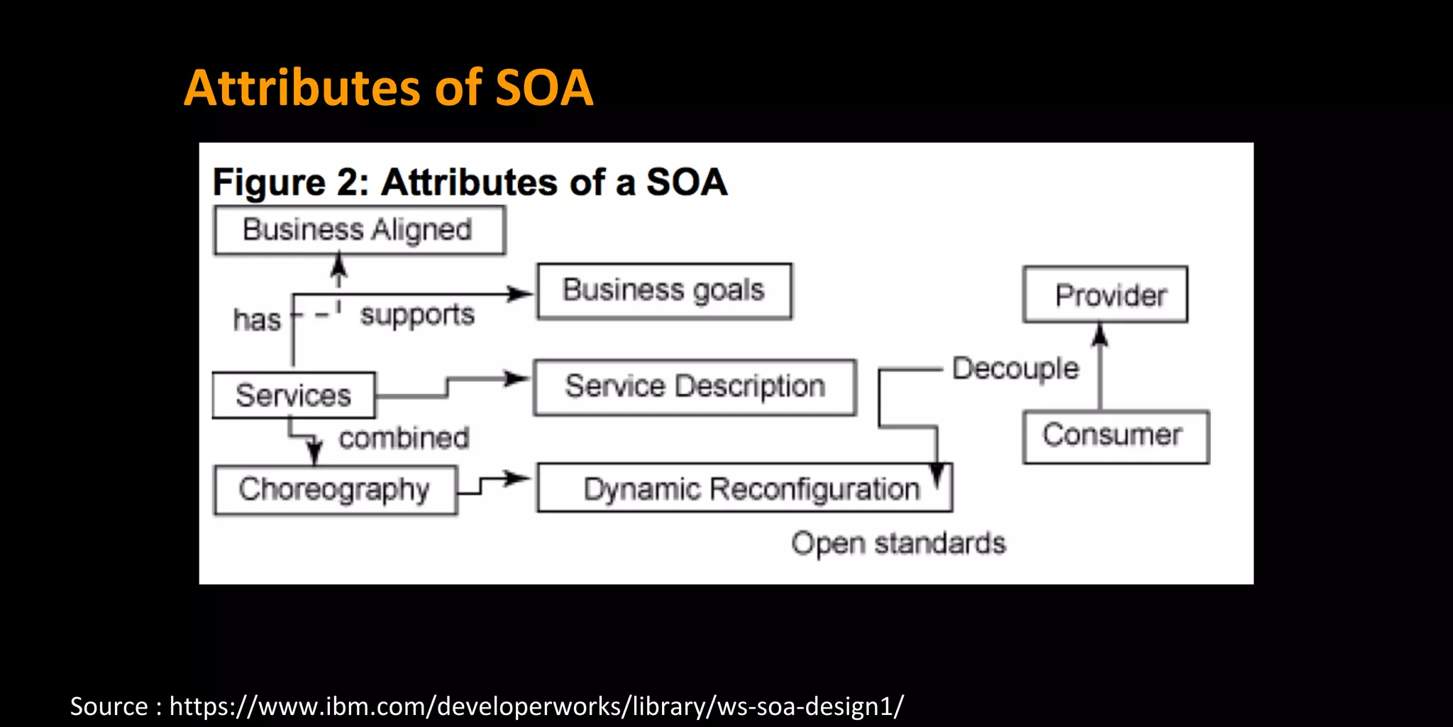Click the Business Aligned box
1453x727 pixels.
click(x=359, y=230)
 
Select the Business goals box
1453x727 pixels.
click(x=664, y=290)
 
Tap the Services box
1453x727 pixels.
click(x=294, y=395)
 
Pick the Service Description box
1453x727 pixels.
click(x=695, y=387)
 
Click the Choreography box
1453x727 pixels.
click(x=335, y=490)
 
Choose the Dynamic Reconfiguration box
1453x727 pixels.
click(x=744, y=488)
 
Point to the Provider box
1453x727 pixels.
click(x=1105, y=295)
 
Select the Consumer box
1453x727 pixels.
click(x=1115, y=436)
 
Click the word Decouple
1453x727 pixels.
click(x=1015, y=368)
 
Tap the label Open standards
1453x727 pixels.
click(x=898, y=543)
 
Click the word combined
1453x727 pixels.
click(x=404, y=438)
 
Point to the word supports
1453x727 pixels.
click(x=417, y=315)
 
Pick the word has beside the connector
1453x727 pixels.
click(x=257, y=319)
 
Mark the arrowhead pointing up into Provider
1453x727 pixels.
click(x=1100, y=334)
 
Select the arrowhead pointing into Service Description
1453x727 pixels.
click(x=519, y=378)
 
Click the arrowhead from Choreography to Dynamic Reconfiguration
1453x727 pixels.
click(x=519, y=479)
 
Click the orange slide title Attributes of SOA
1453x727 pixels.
click(x=388, y=88)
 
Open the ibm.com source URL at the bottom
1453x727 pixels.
click(x=536, y=706)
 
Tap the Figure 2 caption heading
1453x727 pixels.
click(x=470, y=182)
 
